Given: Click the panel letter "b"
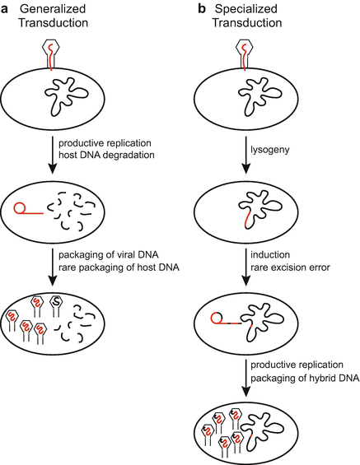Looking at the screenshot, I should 199,9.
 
